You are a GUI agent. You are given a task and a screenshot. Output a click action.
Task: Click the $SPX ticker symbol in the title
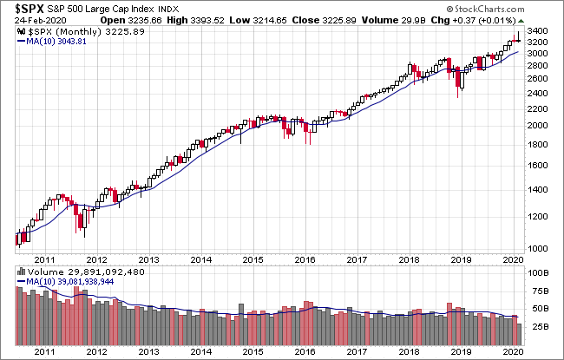click(30, 9)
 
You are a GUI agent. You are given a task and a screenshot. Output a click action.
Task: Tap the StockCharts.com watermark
click(486, 9)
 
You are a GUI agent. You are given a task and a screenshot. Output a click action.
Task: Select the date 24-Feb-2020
click(40, 21)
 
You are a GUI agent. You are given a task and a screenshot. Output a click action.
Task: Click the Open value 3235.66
click(145, 21)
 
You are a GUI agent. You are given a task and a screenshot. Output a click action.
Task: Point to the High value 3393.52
click(207, 21)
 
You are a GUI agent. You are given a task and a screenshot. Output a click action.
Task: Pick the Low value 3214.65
click(270, 21)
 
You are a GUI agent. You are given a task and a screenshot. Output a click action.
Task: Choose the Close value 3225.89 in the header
click(339, 21)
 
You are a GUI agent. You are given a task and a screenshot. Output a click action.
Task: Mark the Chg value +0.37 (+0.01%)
click(484, 21)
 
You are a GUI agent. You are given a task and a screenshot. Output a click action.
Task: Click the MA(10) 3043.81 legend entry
click(52, 42)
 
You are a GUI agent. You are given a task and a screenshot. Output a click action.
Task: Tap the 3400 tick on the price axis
click(537, 31)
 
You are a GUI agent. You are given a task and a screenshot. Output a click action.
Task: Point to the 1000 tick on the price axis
click(537, 248)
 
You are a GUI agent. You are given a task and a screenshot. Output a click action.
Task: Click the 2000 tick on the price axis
click(537, 125)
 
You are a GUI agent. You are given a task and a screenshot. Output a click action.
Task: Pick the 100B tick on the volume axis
click(538, 273)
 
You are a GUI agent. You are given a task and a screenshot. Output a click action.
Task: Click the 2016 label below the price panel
click(305, 259)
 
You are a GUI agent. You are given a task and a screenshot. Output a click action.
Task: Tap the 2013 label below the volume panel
click(149, 351)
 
